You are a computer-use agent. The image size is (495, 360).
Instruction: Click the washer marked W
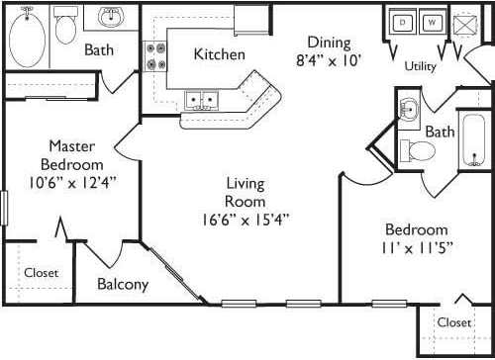(433, 21)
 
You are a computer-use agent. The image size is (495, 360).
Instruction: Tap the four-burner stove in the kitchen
(156, 55)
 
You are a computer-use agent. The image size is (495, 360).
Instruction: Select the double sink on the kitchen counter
(205, 99)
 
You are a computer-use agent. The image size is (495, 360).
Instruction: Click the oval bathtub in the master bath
(27, 37)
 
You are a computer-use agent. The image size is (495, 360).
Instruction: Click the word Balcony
(123, 285)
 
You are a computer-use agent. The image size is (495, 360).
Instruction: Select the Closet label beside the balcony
(41, 272)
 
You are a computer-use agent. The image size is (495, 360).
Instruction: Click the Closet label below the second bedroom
(453, 322)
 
